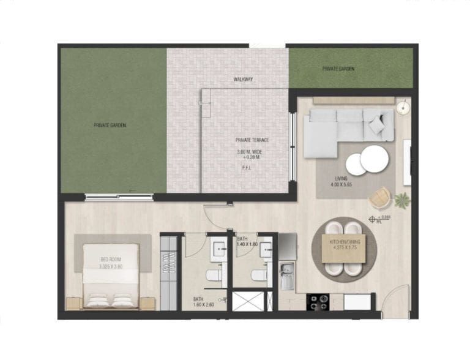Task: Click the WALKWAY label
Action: point(244,80)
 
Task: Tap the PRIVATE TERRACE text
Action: point(252,140)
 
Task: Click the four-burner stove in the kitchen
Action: point(318,301)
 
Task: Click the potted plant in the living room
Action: point(402,200)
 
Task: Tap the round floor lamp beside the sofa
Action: point(401,108)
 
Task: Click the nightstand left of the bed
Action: point(73,303)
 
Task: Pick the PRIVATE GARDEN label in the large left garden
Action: point(110,125)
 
